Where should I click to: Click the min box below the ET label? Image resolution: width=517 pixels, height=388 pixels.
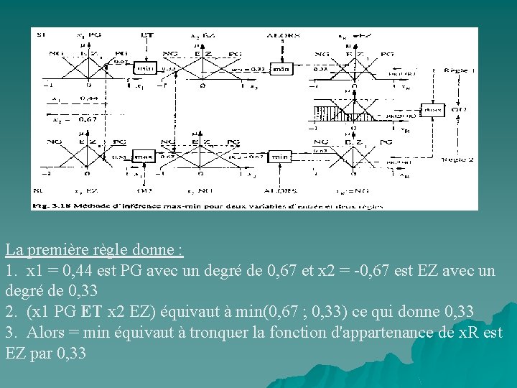tap(146, 68)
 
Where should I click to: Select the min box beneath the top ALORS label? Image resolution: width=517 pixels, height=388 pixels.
tap(282, 69)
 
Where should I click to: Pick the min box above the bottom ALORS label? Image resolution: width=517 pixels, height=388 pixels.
tap(280, 156)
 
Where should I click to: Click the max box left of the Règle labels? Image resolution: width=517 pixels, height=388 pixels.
tap(432, 110)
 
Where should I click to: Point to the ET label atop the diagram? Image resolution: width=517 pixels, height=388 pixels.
tap(146, 34)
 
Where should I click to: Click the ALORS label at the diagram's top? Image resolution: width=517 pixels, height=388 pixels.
tap(281, 34)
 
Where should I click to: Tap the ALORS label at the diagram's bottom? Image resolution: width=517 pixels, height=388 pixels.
tap(281, 191)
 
